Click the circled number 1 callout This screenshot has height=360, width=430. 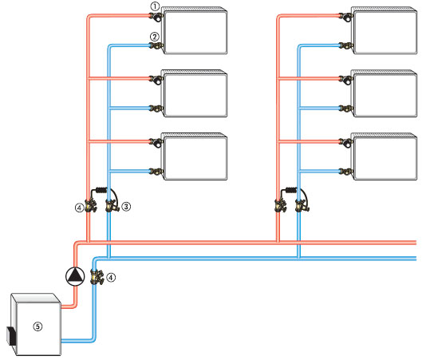(x=155, y=6)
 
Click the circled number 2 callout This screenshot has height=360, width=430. (x=155, y=37)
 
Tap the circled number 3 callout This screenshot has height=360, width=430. (x=126, y=207)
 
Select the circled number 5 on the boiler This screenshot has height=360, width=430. (x=37, y=326)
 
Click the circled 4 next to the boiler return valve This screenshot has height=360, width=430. (x=111, y=278)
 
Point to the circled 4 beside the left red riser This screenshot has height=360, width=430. (x=79, y=208)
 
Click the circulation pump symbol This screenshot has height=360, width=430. (x=75, y=276)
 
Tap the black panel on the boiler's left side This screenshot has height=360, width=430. (x=11, y=336)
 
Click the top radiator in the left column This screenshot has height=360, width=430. (x=195, y=30)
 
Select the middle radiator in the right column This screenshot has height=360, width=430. (x=385, y=93)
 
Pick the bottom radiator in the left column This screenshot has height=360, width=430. (x=195, y=156)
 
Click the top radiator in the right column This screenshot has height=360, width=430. (x=385, y=30)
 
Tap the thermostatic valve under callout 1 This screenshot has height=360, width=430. (x=156, y=17)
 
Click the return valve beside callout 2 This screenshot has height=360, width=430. (x=156, y=45)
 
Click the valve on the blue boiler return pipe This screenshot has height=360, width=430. (x=97, y=277)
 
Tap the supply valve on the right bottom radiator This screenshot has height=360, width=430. (x=346, y=143)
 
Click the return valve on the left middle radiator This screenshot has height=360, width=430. (x=156, y=109)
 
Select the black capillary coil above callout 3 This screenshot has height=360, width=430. (x=101, y=190)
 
